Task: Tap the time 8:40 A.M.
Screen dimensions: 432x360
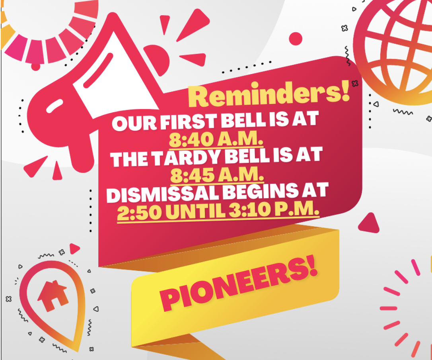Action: pos(216,139)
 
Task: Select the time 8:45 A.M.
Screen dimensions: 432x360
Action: pos(217,175)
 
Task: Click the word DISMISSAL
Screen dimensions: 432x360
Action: pos(163,194)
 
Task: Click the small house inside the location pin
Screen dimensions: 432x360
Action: pos(53,295)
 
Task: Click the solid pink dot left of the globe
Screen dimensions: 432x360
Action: pos(296,39)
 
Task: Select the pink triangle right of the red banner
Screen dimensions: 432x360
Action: pos(369,223)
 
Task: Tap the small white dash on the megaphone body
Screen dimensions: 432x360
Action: pos(54,106)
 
